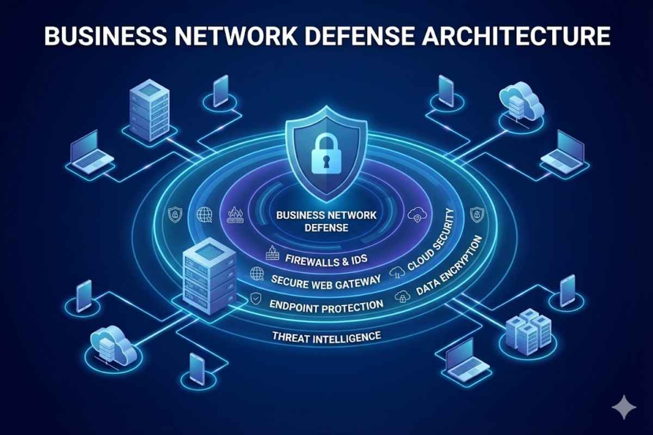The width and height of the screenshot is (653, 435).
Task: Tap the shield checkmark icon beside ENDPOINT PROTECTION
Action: coord(256,298)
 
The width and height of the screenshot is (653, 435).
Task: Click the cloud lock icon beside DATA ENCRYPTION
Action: coord(403,297)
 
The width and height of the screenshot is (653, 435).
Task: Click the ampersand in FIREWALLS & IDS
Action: coord(345,259)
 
